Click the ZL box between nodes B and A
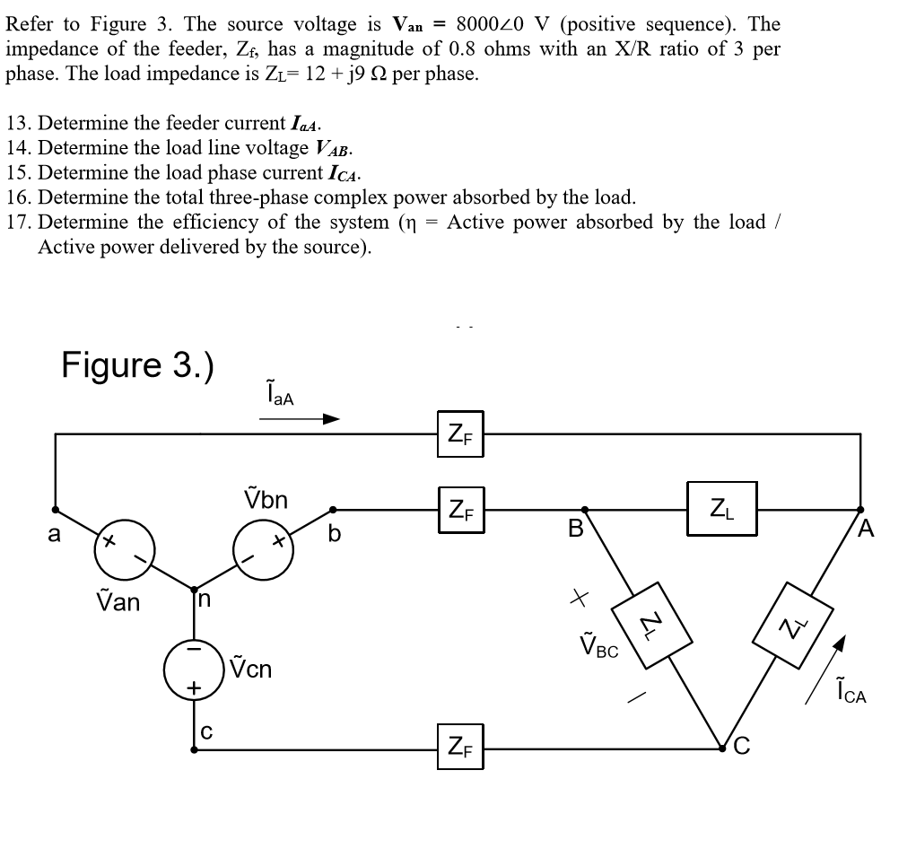point(720,509)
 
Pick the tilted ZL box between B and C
point(651,618)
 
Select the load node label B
point(577,529)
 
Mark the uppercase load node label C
point(744,743)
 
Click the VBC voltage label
point(599,646)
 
